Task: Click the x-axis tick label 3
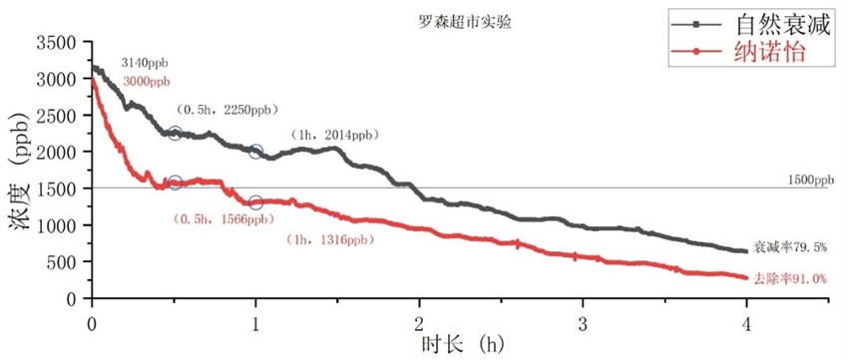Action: tap(583, 323)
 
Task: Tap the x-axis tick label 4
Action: tap(745, 323)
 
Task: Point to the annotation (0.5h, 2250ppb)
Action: tap(226, 109)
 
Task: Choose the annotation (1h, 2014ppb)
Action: tap(335, 135)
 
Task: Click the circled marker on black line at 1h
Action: tap(255, 152)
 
